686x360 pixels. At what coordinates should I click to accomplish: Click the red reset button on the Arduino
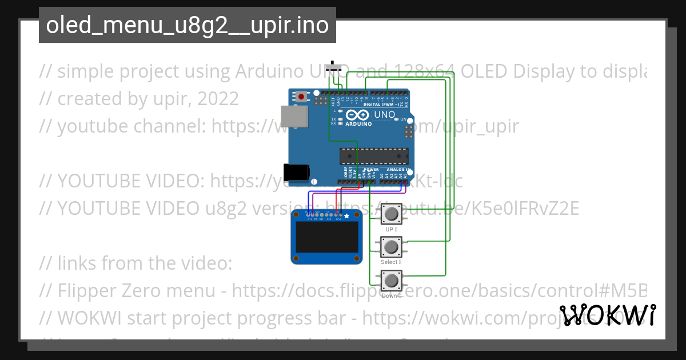301,97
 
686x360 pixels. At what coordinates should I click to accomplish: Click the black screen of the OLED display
326,240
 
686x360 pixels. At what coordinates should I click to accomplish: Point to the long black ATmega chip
374,156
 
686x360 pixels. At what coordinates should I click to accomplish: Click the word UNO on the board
385,115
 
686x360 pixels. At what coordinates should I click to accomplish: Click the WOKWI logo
608,315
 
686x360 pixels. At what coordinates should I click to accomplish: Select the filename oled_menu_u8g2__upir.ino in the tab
187,25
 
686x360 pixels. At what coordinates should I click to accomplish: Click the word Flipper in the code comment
86,291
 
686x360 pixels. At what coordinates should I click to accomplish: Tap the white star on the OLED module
346,216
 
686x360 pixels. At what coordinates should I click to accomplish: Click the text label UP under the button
390,229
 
